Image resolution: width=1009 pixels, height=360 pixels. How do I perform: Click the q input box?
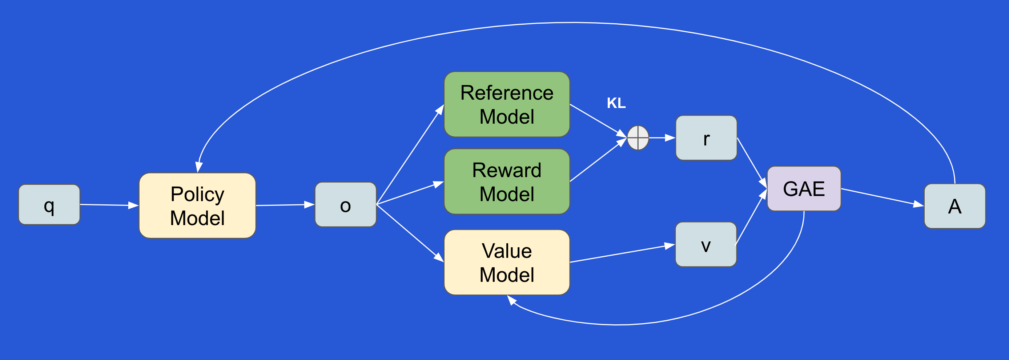[x=49, y=204]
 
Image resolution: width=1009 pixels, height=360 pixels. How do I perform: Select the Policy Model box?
[x=197, y=206]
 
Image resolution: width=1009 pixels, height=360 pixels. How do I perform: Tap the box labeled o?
[x=345, y=204]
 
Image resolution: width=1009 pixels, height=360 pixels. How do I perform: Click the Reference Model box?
[x=506, y=104]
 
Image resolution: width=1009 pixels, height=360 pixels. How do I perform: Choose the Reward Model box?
[x=506, y=181]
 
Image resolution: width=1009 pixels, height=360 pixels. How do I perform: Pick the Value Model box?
[x=506, y=262]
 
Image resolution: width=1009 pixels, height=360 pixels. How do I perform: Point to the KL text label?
[x=616, y=103]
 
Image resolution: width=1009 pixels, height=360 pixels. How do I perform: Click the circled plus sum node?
[x=638, y=138]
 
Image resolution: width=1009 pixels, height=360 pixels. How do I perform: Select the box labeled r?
[x=706, y=138]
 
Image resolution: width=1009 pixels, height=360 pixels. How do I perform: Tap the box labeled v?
[x=706, y=244]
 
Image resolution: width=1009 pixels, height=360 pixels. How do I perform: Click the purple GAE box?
[x=804, y=189]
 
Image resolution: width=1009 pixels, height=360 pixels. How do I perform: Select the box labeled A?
[x=954, y=206]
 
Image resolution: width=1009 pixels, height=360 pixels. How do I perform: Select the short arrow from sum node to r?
[x=662, y=138]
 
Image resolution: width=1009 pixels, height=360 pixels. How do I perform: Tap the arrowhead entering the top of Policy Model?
[x=198, y=167]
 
